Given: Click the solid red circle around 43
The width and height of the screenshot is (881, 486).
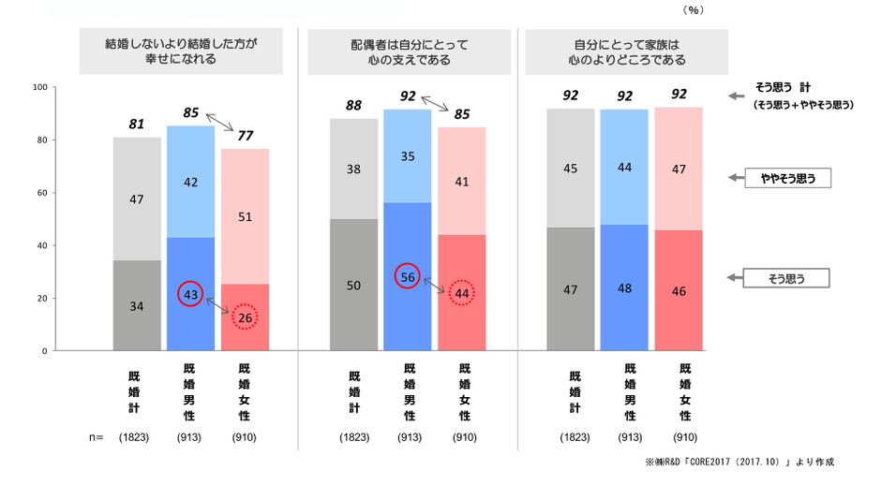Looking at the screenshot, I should click(190, 293).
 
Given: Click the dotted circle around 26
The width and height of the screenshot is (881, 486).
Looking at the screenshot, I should click(245, 317).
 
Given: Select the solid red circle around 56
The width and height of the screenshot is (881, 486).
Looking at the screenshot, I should click(408, 276).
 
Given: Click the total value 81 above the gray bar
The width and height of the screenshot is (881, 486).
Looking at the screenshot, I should click(137, 125).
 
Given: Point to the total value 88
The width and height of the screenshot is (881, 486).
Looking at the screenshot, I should click(353, 106).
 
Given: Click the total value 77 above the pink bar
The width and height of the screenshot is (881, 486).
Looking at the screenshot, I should click(245, 135).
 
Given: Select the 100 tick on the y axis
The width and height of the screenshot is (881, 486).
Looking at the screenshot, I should click(39, 88).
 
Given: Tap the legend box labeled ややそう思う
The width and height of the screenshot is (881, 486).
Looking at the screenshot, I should click(787, 177).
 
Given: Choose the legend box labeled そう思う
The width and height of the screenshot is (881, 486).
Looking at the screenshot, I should click(787, 277).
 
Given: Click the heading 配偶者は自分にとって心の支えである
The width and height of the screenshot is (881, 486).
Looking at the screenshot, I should click(404, 52).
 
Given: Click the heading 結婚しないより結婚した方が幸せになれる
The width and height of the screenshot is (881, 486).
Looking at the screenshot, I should click(181, 52).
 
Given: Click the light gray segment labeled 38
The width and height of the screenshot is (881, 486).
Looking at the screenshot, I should click(353, 169).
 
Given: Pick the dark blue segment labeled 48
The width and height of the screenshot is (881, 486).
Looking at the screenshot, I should click(624, 287).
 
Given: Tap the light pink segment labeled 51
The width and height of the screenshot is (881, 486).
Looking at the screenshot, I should click(245, 216).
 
